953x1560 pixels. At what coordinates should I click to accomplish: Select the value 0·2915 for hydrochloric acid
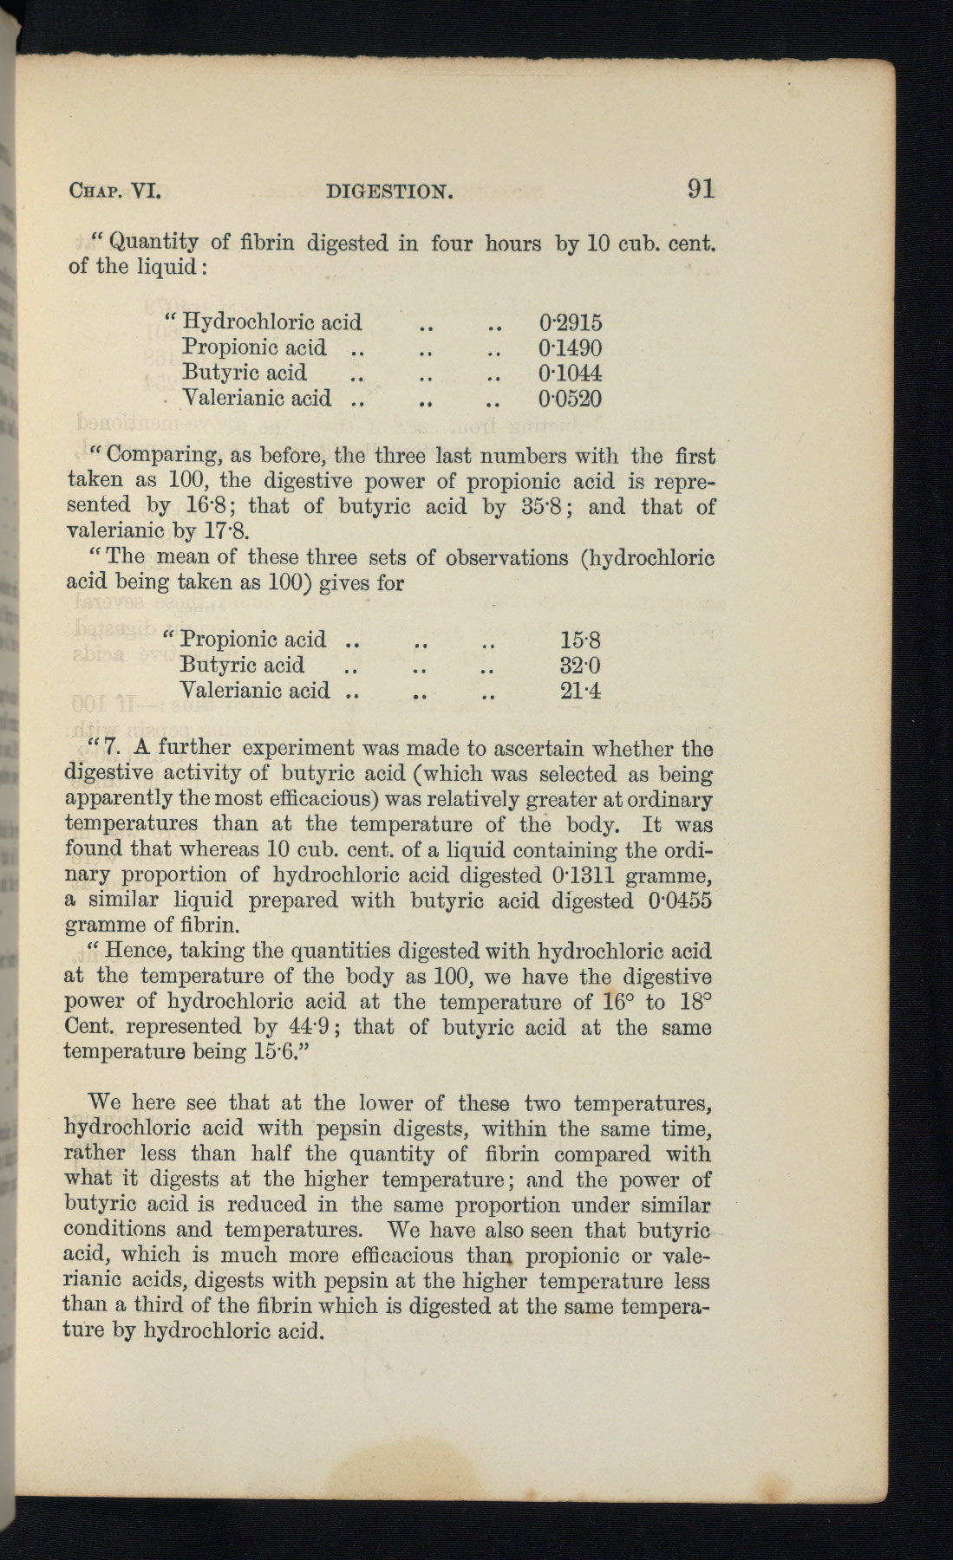click(x=570, y=323)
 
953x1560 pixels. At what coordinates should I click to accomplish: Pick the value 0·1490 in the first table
click(x=570, y=348)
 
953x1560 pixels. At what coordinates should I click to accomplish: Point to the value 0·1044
click(x=570, y=374)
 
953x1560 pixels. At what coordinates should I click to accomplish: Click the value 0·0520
click(x=570, y=399)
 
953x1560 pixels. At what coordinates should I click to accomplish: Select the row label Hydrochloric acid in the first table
click(x=271, y=323)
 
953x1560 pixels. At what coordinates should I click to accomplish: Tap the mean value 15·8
click(x=580, y=640)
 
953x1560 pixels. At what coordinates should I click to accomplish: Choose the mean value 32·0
click(x=580, y=666)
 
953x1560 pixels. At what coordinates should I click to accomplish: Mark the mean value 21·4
click(x=580, y=691)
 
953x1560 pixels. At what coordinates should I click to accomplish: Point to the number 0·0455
click(x=680, y=900)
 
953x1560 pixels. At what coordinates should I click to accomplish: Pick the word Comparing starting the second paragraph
click(x=159, y=456)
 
